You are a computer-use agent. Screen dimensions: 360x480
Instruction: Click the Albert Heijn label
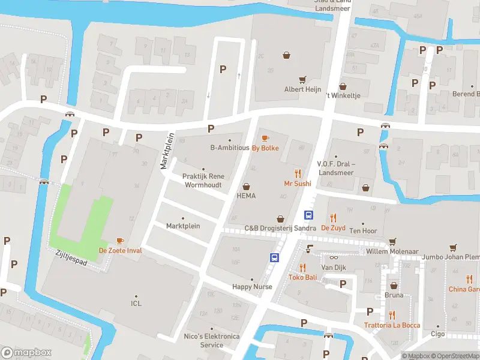point(302,89)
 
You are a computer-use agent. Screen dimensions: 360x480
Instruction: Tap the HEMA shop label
point(246,196)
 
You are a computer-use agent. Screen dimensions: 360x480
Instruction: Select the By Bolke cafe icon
point(265,139)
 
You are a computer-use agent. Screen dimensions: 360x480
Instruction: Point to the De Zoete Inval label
point(121,250)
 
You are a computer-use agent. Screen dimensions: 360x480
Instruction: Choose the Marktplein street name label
point(167,151)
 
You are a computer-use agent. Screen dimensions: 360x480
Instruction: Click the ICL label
point(136,304)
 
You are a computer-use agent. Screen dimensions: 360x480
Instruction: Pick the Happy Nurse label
point(252,287)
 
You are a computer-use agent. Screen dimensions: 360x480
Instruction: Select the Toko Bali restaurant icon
point(302,268)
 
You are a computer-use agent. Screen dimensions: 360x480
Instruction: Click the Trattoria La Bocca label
point(392,325)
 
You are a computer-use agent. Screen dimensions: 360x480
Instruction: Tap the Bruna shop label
point(394,295)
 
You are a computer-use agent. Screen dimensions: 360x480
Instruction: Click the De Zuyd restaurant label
point(333,227)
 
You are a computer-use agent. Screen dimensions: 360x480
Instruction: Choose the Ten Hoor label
point(363,231)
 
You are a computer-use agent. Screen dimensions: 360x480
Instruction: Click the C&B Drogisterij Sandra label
point(280,228)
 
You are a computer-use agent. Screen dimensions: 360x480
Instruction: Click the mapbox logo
point(26,353)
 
